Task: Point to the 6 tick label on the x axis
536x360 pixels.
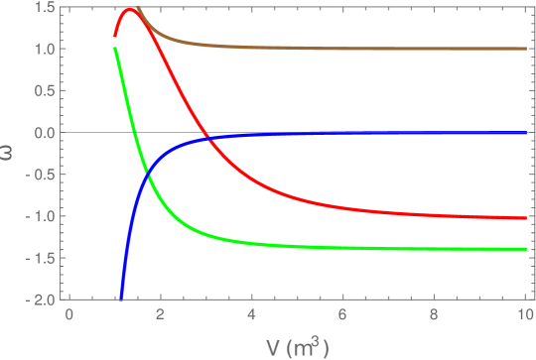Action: pos(343,314)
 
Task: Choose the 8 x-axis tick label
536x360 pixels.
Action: pos(435,314)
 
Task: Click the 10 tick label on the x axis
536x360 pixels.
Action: pos(525,314)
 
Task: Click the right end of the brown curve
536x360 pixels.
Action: pos(525,48)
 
